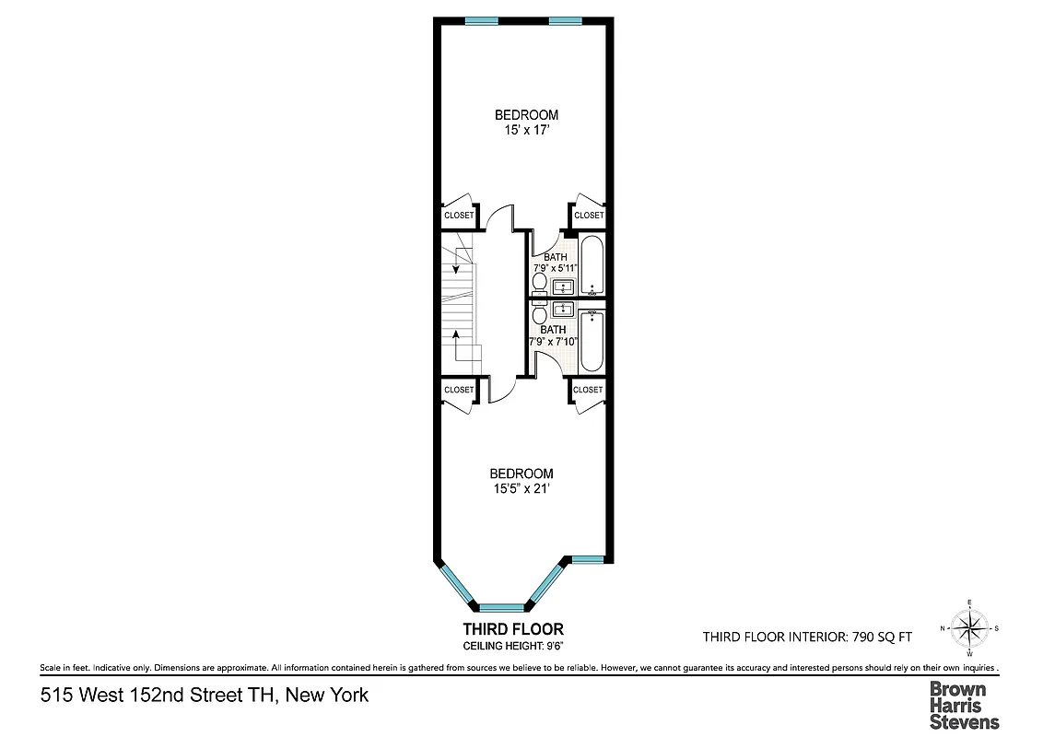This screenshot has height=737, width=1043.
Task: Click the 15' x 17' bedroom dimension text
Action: pyautogui.click(x=526, y=131)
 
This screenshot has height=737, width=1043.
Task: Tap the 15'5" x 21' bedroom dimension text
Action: pyautogui.click(x=521, y=489)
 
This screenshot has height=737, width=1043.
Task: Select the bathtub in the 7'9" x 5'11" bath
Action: pyautogui.click(x=592, y=265)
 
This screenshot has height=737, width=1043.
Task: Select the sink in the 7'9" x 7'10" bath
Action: pyautogui.click(x=565, y=310)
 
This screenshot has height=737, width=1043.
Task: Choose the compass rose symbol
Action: pyautogui.click(x=969, y=629)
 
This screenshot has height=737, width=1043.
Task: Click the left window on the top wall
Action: pyautogui.click(x=482, y=20)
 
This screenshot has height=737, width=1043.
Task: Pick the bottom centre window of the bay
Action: pyautogui.click(x=501, y=607)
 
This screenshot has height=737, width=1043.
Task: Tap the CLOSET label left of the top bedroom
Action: pyautogui.click(x=459, y=216)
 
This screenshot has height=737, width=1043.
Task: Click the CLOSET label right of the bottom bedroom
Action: pyautogui.click(x=588, y=390)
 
